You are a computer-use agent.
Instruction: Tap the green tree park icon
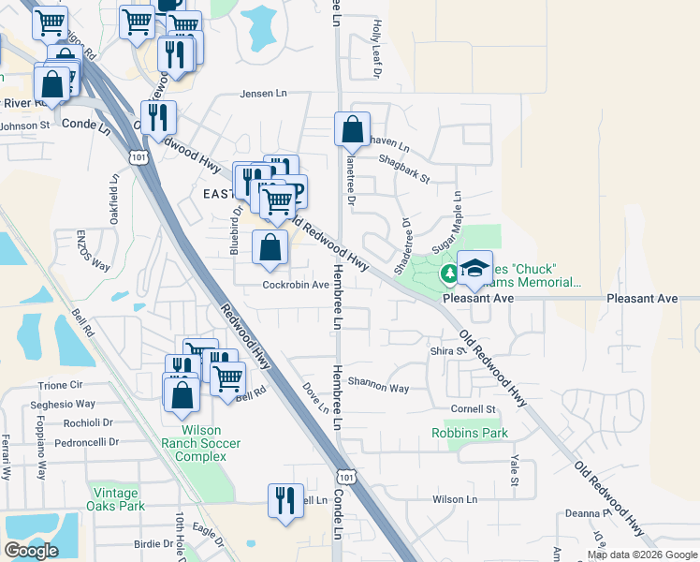(448, 274)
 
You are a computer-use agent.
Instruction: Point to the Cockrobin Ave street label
(295, 285)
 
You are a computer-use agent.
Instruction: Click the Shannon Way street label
(378, 387)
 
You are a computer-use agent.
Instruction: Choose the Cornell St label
(473, 409)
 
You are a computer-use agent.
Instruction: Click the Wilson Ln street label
(455, 500)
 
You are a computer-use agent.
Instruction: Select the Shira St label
(447, 351)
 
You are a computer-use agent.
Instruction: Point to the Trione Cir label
(61, 386)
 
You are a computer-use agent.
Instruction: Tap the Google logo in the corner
(31, 551)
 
